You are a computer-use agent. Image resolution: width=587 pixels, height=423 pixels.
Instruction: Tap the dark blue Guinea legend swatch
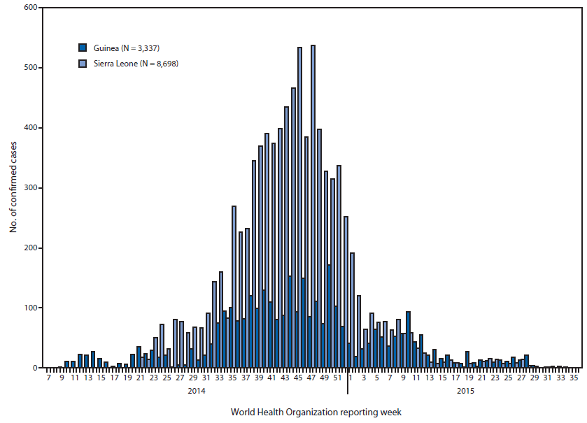pyautogui.click(x=83, y=48)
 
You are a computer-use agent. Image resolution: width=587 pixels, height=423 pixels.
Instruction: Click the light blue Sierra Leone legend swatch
pyautogui.click(x=83, y=64)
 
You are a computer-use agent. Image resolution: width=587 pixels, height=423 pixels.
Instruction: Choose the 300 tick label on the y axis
pyautogui.click(x=30, y=188)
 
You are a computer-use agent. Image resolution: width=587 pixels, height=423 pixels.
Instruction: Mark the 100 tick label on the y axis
pyautogui.click(x=30, y=308)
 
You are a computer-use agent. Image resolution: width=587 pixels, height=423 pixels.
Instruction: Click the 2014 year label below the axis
pyautogui.click(x=196, y=391)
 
